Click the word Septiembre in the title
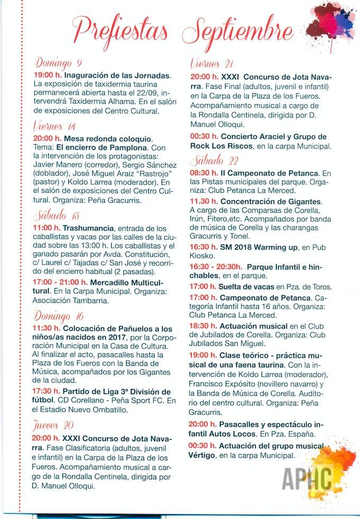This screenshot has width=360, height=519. point(238,30)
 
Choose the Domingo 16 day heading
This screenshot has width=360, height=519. point(59,317)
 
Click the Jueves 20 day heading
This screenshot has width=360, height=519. point(53,425)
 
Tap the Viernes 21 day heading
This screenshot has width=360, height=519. point(212,64)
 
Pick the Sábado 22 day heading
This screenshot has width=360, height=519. point(211,161)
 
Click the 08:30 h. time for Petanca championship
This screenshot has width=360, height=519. point(204,173)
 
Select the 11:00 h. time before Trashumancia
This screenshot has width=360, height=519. point(47,227)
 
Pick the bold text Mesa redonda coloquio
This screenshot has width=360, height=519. point(107,139)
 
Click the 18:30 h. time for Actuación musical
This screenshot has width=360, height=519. point(204,326)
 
